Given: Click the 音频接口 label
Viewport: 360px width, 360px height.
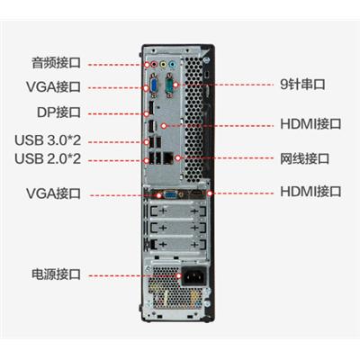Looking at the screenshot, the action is pyautogui.click(x=56, y=63).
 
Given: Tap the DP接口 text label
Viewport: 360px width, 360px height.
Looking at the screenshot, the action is pyautogui.click(x=58, y=112).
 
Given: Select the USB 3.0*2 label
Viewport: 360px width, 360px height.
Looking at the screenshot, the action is pyautogui.click(x=48, y=140).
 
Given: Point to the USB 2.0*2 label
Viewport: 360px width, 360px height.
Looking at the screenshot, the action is pyautogui.click(x=48, y=158).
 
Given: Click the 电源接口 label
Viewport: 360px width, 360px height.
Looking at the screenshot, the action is pyautogui.click(x=56, y=274).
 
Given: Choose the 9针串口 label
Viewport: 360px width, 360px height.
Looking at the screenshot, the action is pyautogui.click(x=302, y=85).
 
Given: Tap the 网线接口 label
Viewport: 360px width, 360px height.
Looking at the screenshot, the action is pyautogui.click(x=305, y=158).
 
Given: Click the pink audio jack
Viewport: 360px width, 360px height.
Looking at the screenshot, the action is pyautogui.click(x=154, y=64).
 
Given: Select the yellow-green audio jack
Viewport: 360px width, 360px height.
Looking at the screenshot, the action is pyautogui.click(x=163, y=64).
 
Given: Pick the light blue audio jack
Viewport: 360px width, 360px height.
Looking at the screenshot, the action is pyautogui.click(x=172, y=64).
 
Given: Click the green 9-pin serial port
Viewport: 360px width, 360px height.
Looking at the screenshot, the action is pyautogui.click(x=170, y=85).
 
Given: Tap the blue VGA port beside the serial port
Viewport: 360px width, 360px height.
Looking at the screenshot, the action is pyautogui.click(x=154, y=85).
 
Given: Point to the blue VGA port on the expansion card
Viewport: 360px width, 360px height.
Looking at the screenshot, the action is pyautogui.click(x=170, y=195).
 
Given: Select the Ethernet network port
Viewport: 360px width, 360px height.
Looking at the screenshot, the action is pyautogui.click(x=168, y=157).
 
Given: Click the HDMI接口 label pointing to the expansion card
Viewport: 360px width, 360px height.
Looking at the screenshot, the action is pyautogui.click(x=310, y=192).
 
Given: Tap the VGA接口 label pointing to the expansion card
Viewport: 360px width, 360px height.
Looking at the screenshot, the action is pyautogui.click(x=53, y=193).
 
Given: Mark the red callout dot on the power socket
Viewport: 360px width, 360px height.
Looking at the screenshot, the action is pyautogui.click(x=179, y=276).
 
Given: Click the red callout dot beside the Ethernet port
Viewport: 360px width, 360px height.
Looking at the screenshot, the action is pyautogui.click(x=178, y=157).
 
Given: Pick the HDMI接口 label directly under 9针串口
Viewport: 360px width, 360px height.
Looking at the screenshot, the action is pyautogui.click(x=310, y=124).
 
